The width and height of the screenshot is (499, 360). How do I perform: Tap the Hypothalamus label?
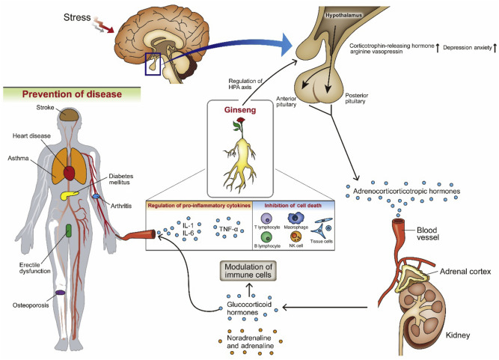328,14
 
